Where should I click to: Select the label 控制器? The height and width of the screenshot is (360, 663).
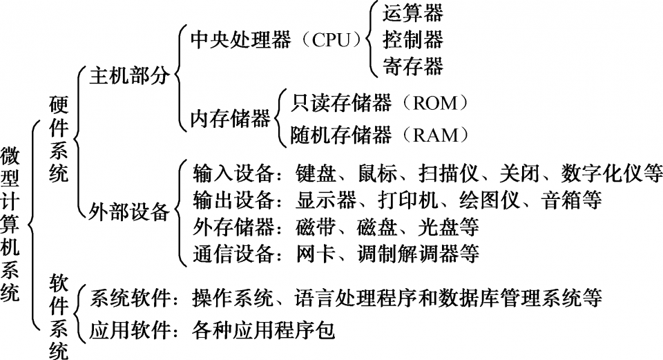(x=413, y=40)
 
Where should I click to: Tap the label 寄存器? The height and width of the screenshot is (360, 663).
(x=413, y=66)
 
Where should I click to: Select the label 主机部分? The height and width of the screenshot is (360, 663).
(x=129, y=76)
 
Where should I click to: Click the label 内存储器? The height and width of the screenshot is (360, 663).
(x=230, y=119)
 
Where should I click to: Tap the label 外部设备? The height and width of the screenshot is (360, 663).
(x=129, y=211)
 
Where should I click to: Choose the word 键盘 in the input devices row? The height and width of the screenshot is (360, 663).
(x=316, y=173)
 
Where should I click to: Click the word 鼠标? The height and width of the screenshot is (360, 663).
(x=377, y=173)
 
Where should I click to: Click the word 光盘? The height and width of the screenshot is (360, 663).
(x=438, y=227)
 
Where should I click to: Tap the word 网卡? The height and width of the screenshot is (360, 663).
(x=316, y=254)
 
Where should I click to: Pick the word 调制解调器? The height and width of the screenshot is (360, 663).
(x=407, y=254)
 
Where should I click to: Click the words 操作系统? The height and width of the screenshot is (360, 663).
(x=233, y=299)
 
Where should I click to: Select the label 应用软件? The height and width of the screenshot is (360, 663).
(x=129, y=330)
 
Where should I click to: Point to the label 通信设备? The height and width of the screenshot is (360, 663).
(x=233, y=254)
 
